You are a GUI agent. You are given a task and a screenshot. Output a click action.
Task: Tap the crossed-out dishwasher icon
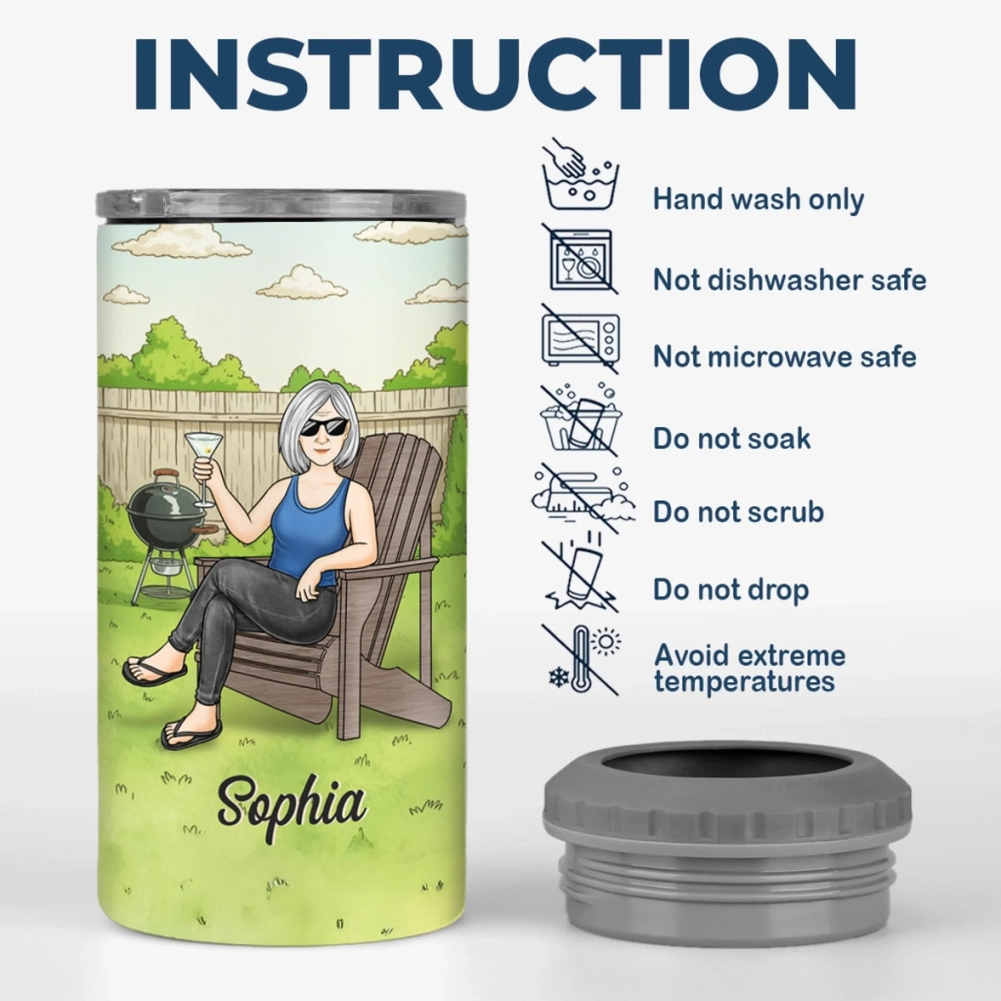pos(581,259)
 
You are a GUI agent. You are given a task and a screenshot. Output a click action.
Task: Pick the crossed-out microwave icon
pos(581,338)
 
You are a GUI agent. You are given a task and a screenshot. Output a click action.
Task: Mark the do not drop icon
pos(581,576)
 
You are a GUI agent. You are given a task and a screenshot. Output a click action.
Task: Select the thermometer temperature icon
pos(581,660)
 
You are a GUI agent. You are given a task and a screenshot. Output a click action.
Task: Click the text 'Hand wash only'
pos(758,199)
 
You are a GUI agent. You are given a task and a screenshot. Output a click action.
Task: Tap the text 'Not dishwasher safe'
pos(789,280)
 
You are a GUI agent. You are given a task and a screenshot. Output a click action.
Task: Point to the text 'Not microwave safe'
pos(784,356)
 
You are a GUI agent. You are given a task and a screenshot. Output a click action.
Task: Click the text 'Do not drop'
pos(731,590)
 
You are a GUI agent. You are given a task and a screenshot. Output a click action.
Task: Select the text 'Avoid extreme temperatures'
pos(750,668)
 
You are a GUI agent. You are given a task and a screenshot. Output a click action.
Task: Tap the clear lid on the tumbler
pos(282,203)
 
